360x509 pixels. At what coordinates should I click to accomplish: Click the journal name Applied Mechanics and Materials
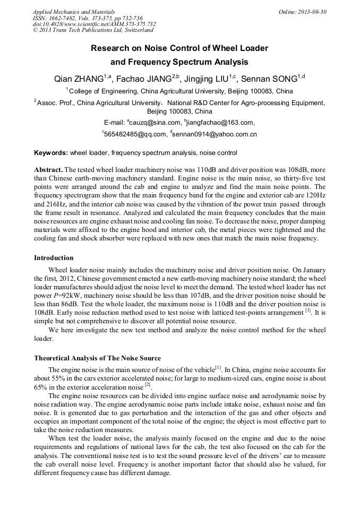73,11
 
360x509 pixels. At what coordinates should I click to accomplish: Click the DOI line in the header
94,24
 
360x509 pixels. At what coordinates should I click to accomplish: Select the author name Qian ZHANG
79,79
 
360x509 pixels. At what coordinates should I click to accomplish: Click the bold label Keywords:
51,153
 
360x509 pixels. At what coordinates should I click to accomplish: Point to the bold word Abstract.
48,168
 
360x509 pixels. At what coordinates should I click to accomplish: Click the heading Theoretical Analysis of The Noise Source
97,358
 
